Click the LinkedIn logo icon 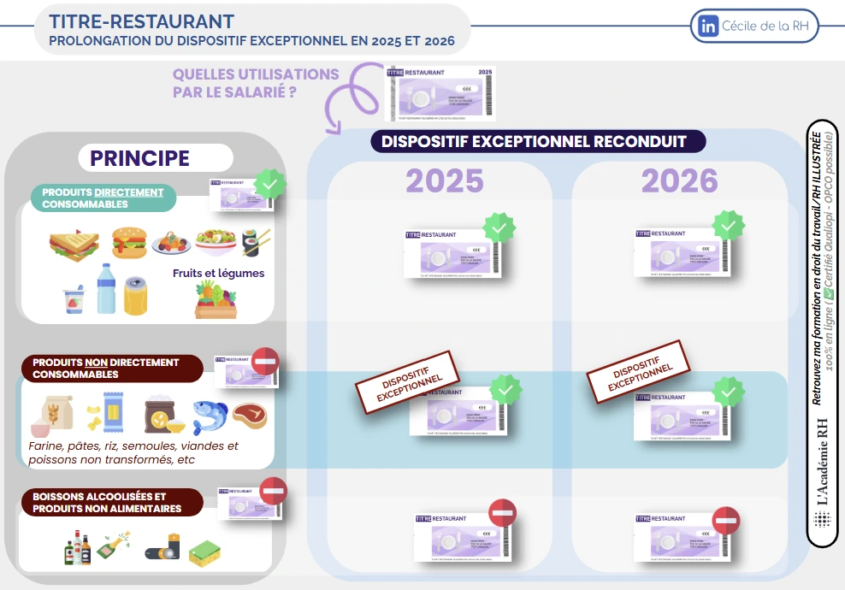click(710, 26)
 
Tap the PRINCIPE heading click(140, 158)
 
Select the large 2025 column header click(445, 181)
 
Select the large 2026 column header click(680, 181)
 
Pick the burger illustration click(128, 241)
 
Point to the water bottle click(105, 289)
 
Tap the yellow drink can click(136, 295)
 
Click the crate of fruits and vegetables click(215, 300)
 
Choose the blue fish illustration click(210, 415)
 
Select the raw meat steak click(250, 415)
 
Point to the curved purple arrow click(346, 94)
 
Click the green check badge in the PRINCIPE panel click(269, 185)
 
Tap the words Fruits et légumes click(218, 274)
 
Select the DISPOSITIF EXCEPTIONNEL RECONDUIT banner click(539, 141)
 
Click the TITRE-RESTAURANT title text click(142, 21)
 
